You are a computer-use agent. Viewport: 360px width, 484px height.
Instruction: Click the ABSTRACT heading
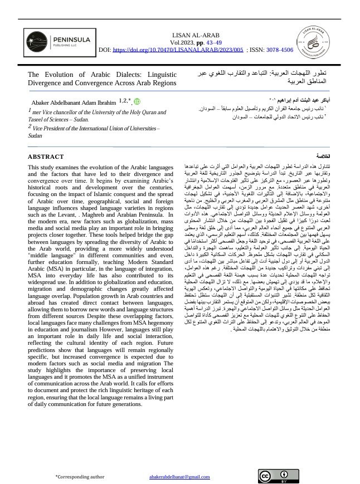coord(46,157)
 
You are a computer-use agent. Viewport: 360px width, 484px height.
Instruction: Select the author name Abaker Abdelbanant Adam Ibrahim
coord(72,102)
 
